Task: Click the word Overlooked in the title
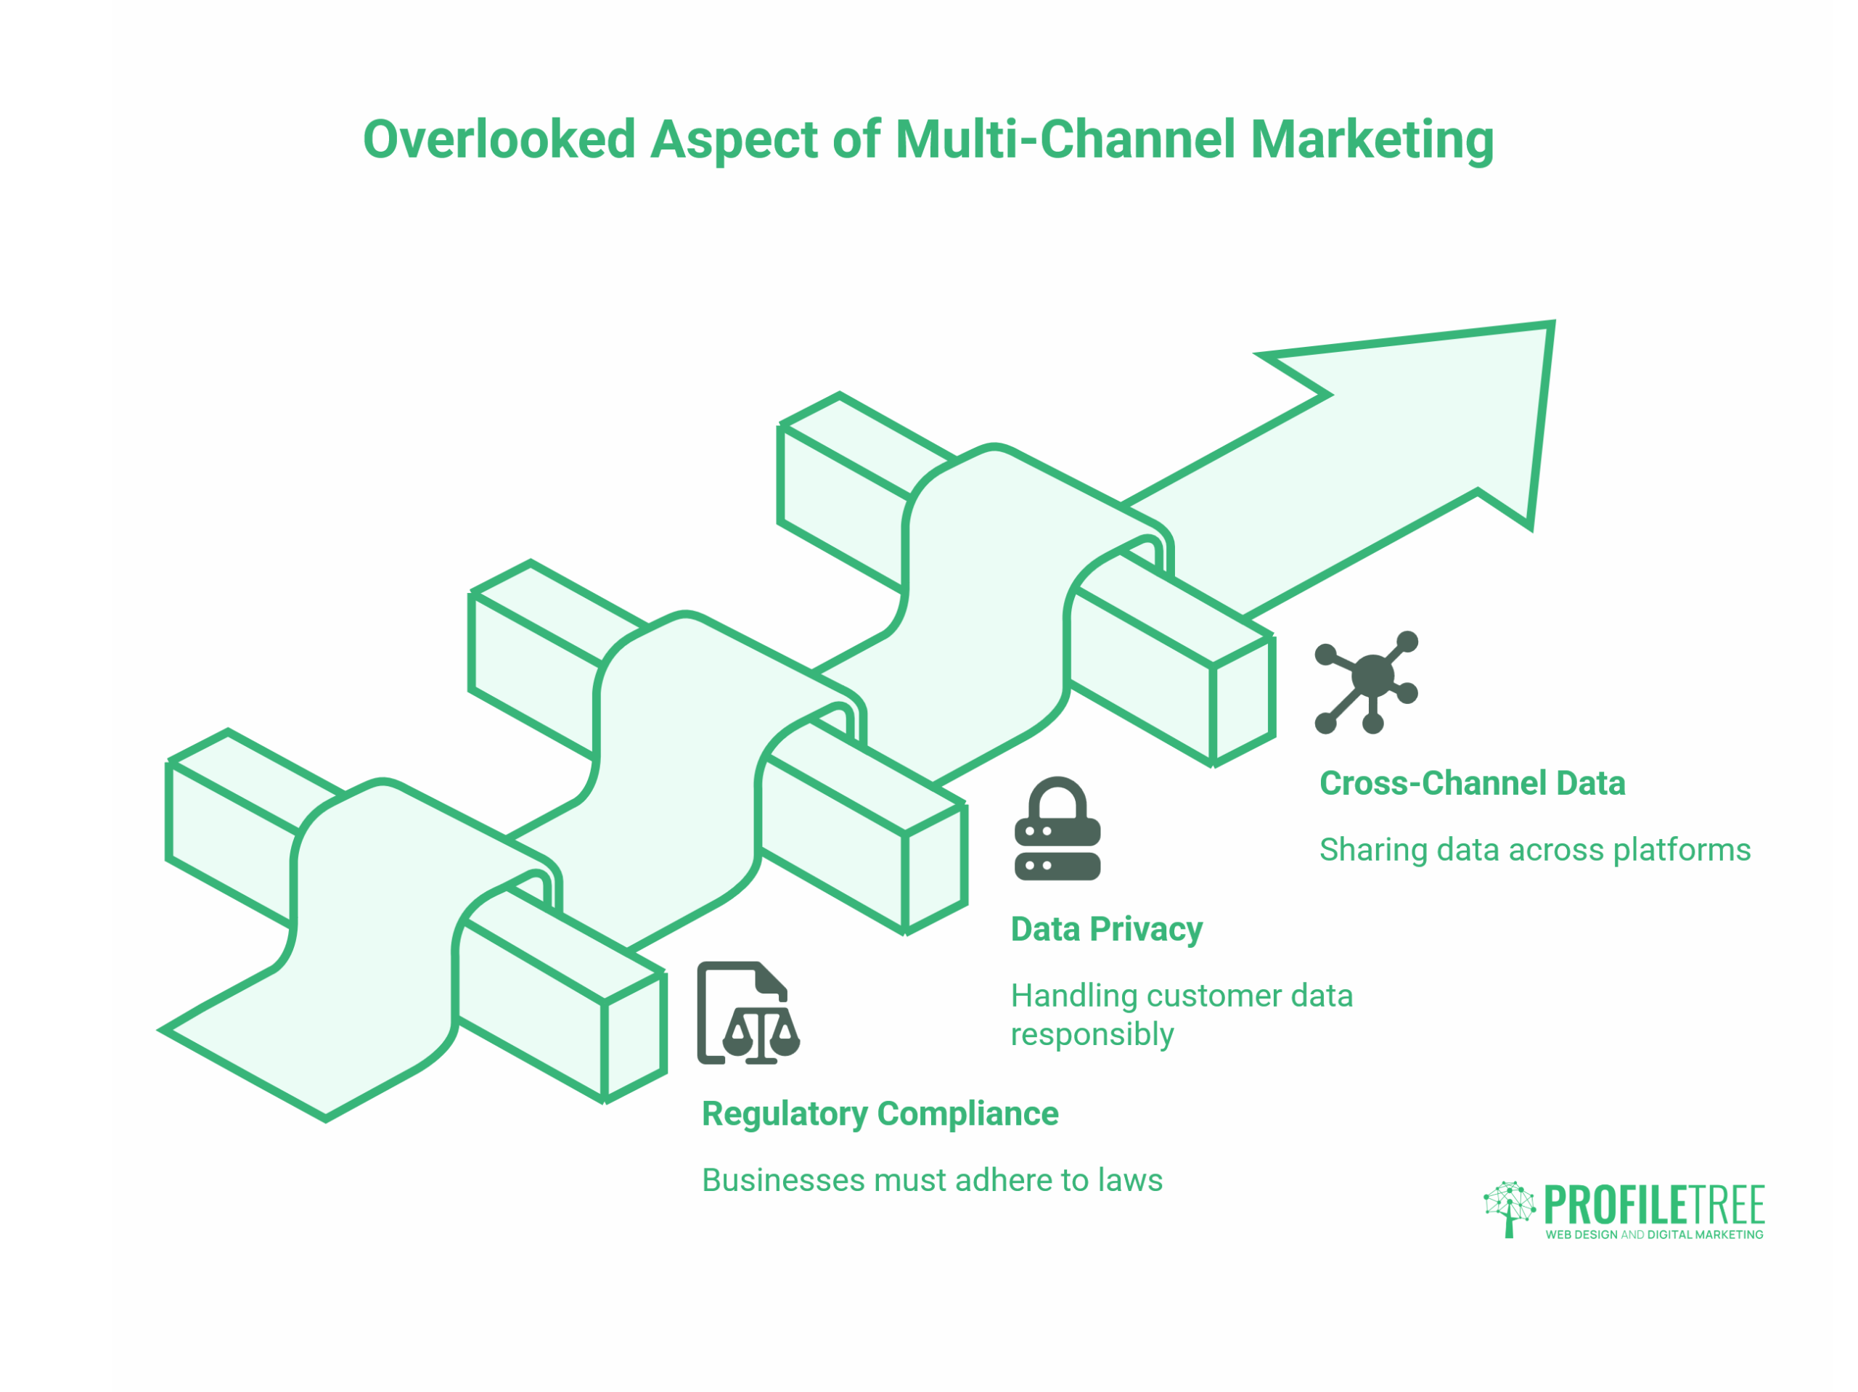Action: (x=499, y=139)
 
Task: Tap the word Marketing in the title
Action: (x=1372, y=139)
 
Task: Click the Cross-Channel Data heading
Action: (x=1472, y=784)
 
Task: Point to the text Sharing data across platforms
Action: (x=1534, y=850)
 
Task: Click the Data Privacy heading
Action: (x=1106, y=930)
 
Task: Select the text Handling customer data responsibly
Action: (x=1180, y=1015)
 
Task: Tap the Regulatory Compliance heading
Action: (x=880, y=1114)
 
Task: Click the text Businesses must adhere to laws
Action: (x=931, y=1180)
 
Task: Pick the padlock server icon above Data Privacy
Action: (x=1057, y=829)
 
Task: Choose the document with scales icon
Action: (x=746, y=1013)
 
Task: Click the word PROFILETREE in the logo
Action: (x=1653, y=1205)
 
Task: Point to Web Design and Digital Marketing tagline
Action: (x=1653, y=1235)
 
